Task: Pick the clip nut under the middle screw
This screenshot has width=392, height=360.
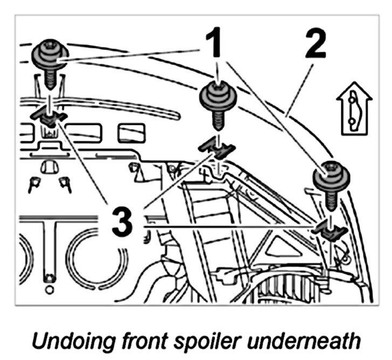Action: [x=218, y=147]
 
